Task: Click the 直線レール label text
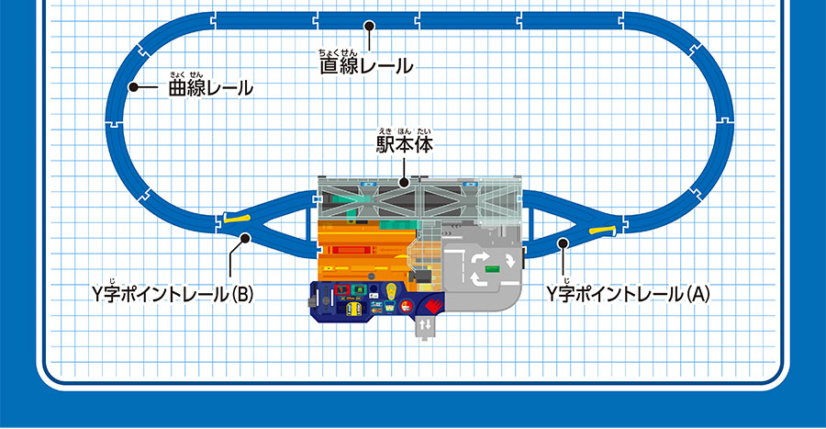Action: pyautogui.click(x=365, y=67)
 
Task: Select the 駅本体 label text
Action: pyautogui.click(x=404, y=145)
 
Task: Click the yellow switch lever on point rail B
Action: pyautogui.click(x=238, y=218)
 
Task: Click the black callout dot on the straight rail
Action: pyautogui.click(x=368, y=27)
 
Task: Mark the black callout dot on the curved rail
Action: pyautogui.click(x=133, y=88)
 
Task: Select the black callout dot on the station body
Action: pyautogui.click(x=404, y=183)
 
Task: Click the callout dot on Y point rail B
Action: pyautogui.click(x=245, y=239)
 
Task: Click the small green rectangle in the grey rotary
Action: pyautogui.click(x=493, y=267)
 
